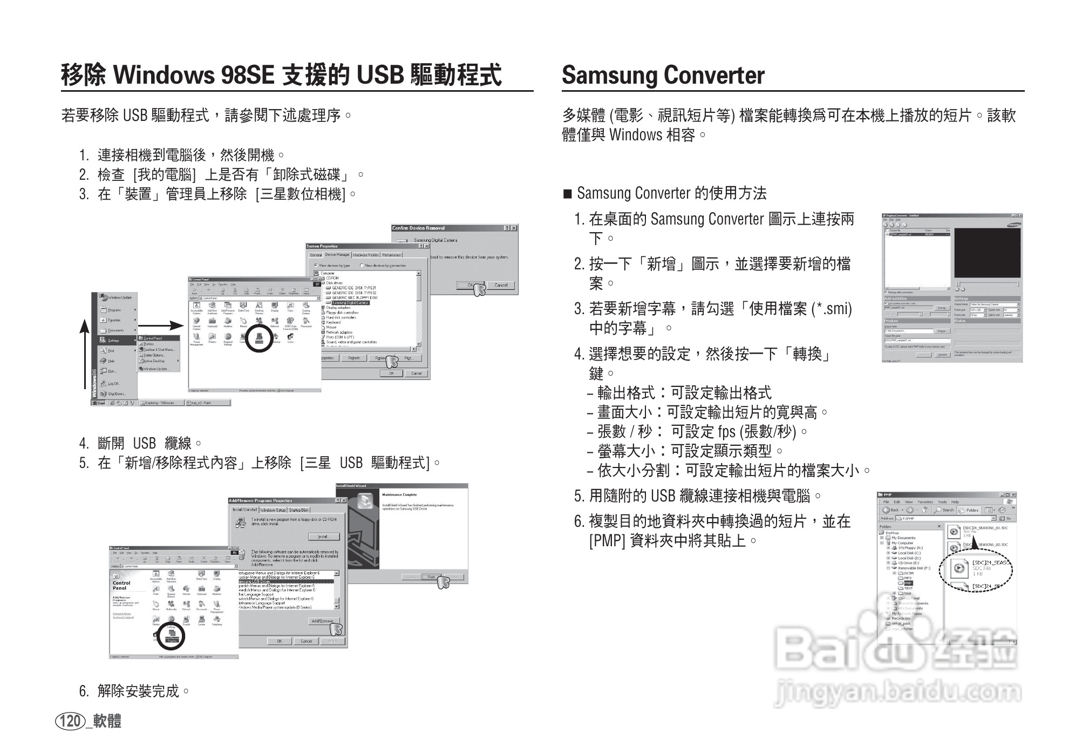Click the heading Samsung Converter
663,75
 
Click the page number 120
70,721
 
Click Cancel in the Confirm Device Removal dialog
500,285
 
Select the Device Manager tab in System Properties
337,255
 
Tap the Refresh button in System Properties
354,358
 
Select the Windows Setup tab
273,510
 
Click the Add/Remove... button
322,621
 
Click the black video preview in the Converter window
987,253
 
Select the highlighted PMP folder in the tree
908,584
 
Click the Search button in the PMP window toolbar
945,510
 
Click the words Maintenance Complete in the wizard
399,494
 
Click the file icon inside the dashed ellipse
959,568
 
